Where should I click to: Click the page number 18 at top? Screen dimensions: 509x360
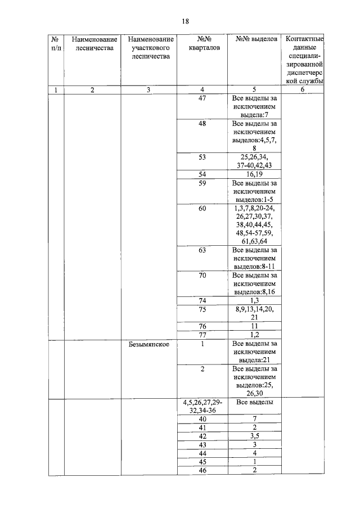click(185, 21)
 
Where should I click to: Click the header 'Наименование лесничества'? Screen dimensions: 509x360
click(94, 43)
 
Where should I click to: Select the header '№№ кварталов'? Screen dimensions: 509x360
click(202, 43)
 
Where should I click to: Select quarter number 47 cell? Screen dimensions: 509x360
click(202, 98)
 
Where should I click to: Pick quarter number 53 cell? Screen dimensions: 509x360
click(202, 157)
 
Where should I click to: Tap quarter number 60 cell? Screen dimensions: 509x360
click(202, 209)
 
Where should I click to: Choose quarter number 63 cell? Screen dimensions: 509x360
click(202, 250)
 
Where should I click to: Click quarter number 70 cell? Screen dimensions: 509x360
click(202, 276)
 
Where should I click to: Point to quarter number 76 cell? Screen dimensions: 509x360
click(202, 326)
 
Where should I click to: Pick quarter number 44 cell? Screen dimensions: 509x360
click(202, 453)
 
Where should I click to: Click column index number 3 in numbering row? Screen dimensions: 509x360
click(148, 90)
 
